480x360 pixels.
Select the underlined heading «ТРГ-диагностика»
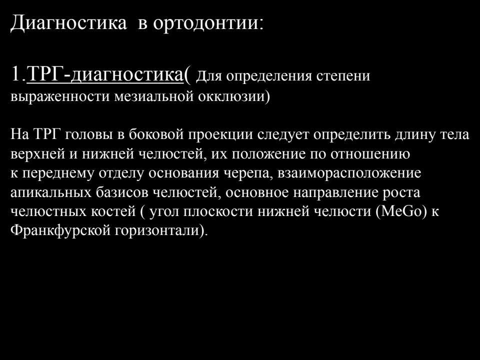(x=104, y=74)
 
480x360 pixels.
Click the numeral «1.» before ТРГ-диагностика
(x=18, y=74)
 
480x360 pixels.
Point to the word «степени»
(x=343, y=76)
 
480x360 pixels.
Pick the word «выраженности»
(x=60, y=96)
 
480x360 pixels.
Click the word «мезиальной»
(x=154, y=96)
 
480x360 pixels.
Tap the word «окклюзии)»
(x=234, y=96)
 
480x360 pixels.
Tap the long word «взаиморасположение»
(x=349, y=173)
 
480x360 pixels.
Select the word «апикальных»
(x=51, y=192)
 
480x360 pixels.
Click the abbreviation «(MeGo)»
(x=401, y=211)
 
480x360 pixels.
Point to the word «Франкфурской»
(x=60, y=230)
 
